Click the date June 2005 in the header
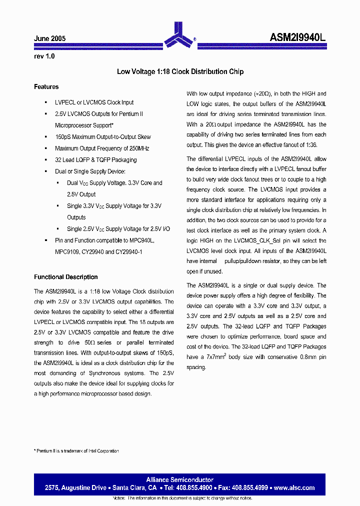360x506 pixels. (49, 38)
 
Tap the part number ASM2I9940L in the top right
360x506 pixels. (298, 37)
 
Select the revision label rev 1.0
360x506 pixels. (44, 56)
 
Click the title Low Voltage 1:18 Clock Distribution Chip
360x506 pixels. (180, 71)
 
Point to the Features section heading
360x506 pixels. (46, 87)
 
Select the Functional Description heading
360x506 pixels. (65, 277)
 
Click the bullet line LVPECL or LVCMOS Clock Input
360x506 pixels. (94, 102)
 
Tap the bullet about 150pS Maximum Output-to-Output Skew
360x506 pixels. (102, 137)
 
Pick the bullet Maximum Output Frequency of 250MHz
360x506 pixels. (102, 148)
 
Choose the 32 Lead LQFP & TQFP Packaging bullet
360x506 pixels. (95, 160)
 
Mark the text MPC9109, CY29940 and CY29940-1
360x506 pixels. (98, 252)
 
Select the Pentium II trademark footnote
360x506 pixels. (76, 451)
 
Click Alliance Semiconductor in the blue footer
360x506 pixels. (179, 480)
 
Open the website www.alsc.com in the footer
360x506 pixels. (294, 487)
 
